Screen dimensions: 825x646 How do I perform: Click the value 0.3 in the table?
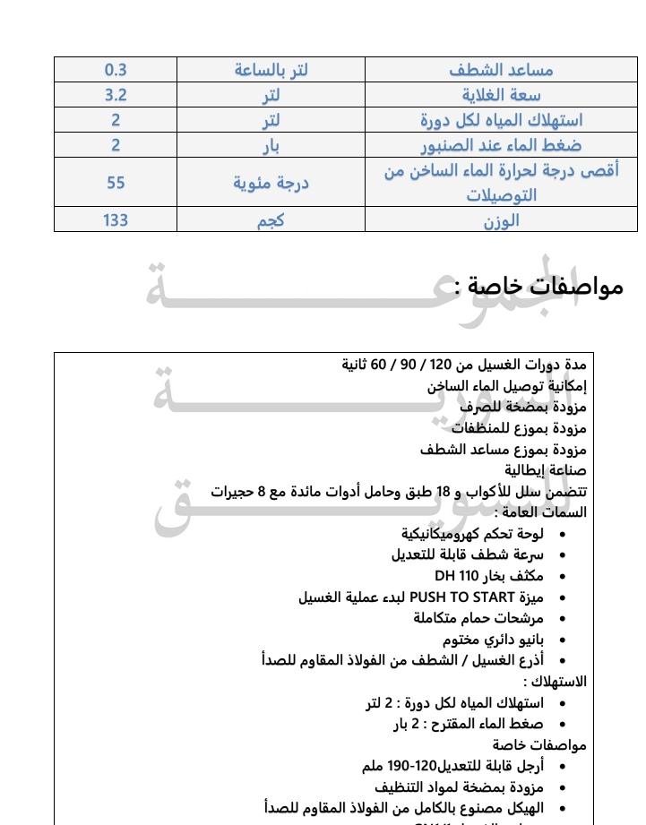coord(116,70)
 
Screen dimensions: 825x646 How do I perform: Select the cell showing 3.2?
coord(116,95)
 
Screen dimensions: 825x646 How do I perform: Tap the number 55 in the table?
coord(116,183)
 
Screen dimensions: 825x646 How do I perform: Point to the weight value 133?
coord(116,220)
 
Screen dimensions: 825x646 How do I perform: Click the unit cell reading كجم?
coord(271,220)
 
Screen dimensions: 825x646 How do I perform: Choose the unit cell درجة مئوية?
coord(271,183)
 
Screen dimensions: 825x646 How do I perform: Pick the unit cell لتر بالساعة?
coord(271,70)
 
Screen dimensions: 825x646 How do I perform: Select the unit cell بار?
coord(271,145)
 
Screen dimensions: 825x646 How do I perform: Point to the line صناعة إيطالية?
coord(546,469)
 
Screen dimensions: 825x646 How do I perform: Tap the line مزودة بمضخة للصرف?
coord(523,407)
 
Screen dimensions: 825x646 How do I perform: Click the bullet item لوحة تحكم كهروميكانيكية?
coord(472,533)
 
